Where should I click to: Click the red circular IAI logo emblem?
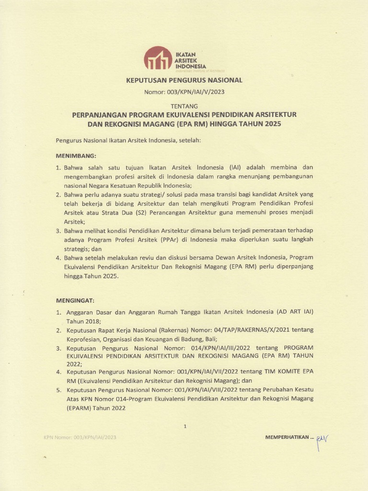(x=158, y=59)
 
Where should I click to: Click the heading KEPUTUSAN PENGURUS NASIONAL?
(x=184, y=80)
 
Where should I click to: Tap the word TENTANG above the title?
(x=184, y=106)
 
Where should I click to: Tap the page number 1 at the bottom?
(x=184, y=426)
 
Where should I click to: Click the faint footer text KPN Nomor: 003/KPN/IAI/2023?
(x=80, y=437)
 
